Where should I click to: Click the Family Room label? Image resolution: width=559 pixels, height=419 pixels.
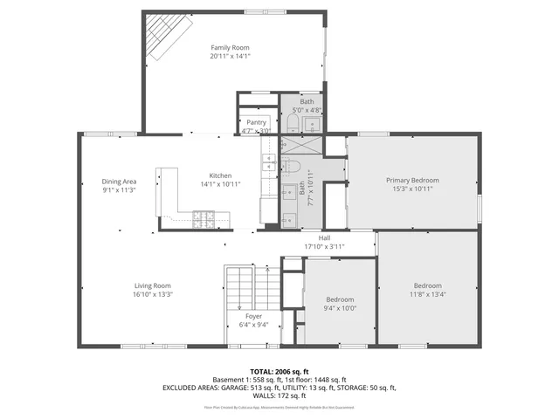coord(230,47)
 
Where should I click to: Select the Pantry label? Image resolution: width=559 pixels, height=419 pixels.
coord(256,122)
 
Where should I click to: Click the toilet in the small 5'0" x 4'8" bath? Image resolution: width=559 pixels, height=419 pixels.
coord(313,124)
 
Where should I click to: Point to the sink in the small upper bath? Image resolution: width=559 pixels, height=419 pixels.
coord(293,124)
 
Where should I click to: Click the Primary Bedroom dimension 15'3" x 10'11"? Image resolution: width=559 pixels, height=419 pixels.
coord(412,189)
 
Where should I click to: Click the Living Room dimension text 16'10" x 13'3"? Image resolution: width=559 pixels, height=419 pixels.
coord(152,294)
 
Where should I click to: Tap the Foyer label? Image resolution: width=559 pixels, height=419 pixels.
coord(253,316)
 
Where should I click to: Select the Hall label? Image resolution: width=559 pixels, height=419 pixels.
coord(324,237)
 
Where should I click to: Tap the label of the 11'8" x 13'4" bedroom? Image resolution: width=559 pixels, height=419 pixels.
coord(427,285)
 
